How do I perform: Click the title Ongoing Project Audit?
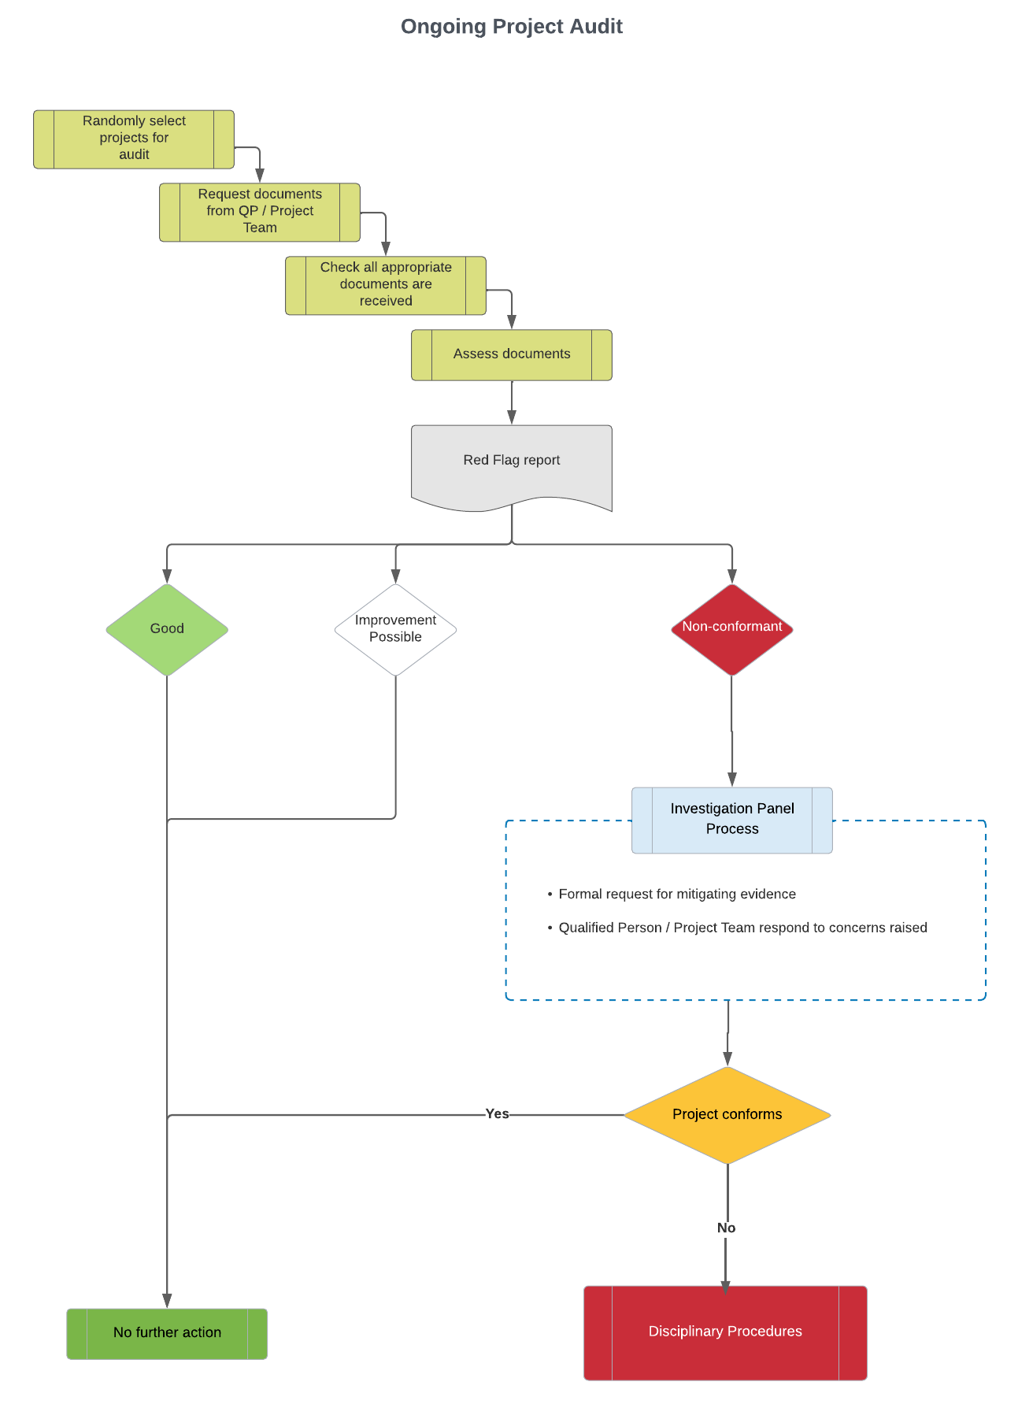click(511, 27)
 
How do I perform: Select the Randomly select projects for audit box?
click(134, 139)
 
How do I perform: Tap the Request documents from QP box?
click(260, 212)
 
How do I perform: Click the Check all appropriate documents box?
click(386, 285)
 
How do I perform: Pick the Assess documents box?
click(512, 354)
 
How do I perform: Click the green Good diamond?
click(167, 629)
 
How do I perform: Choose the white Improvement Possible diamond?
click(395, 629)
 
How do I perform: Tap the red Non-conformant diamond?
click(731, 628)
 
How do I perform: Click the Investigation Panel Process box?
click(731, 820)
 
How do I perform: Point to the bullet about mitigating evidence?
click(676, 895)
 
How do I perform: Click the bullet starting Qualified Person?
click(742, 928)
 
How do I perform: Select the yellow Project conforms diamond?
click(727, 1115)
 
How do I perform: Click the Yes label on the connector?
click(497, 1114)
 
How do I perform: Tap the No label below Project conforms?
click(726, 1228)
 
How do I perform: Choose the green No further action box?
click(167, 1333)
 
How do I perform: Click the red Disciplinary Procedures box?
click(724, 1332)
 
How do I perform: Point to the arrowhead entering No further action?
click(167, 1300)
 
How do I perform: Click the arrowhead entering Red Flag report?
click(512, 417)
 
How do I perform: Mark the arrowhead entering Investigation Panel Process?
click(731, 779)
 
